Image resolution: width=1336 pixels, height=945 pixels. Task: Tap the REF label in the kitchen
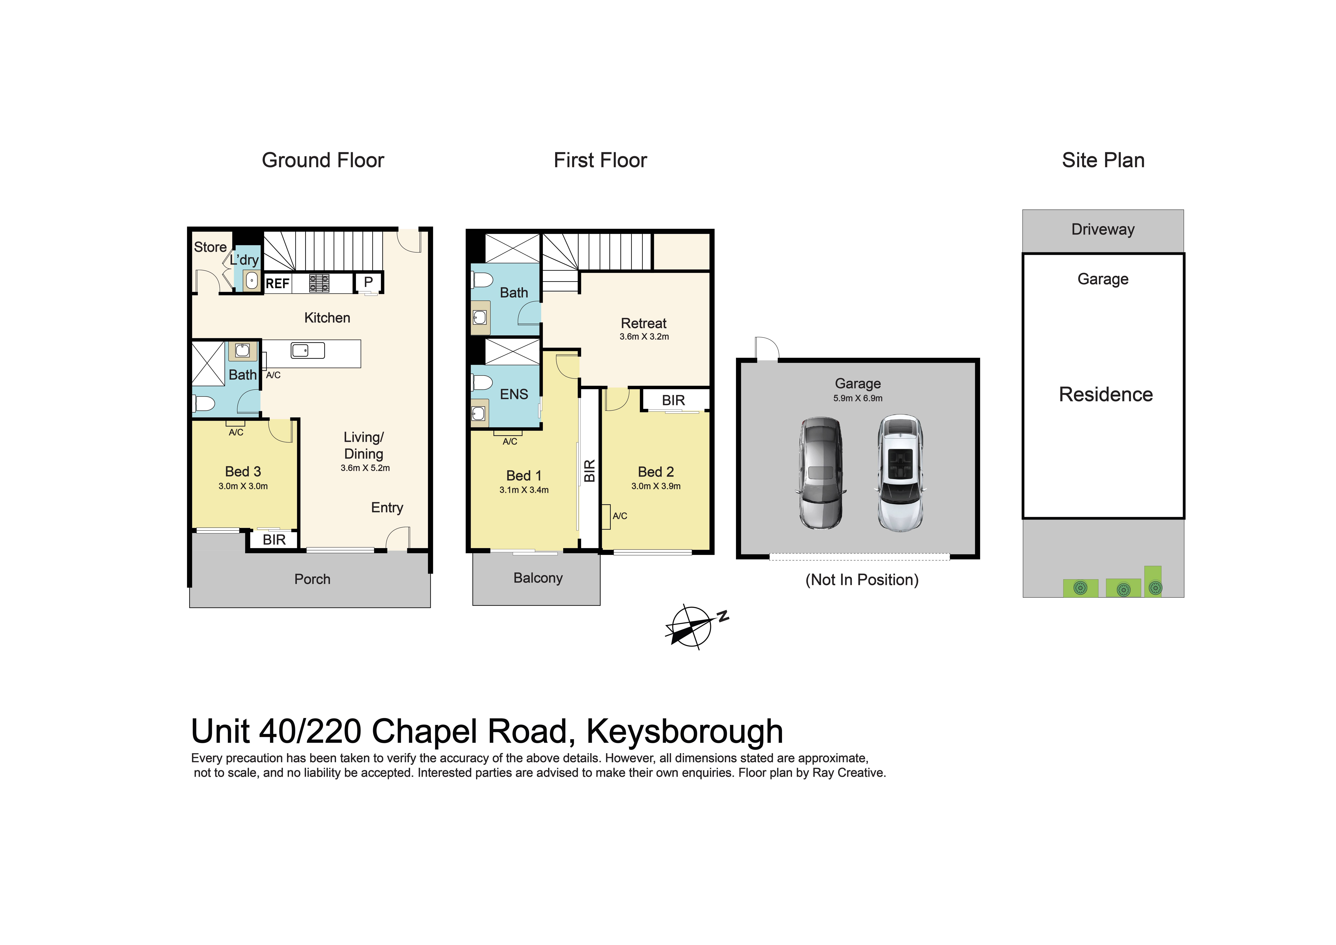[x=277, y=284]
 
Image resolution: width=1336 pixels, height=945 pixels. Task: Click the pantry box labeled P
[x=368, y=282]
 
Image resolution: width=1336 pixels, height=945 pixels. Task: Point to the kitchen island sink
[x=308, y=350]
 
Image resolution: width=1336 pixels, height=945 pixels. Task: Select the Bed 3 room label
[x=243, y=472]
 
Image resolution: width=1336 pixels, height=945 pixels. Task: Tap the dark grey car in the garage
[x=821, y=473]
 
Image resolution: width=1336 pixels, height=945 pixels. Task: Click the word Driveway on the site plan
[x=1103, y=229]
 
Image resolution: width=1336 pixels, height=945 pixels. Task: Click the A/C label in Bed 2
[x=620, y=516]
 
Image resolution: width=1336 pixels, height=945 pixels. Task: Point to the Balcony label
[x=538, y=578]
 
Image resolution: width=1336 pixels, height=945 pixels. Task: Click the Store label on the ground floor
[x=210, y=247]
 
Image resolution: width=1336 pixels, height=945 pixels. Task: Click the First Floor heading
[x=600, y=160]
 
